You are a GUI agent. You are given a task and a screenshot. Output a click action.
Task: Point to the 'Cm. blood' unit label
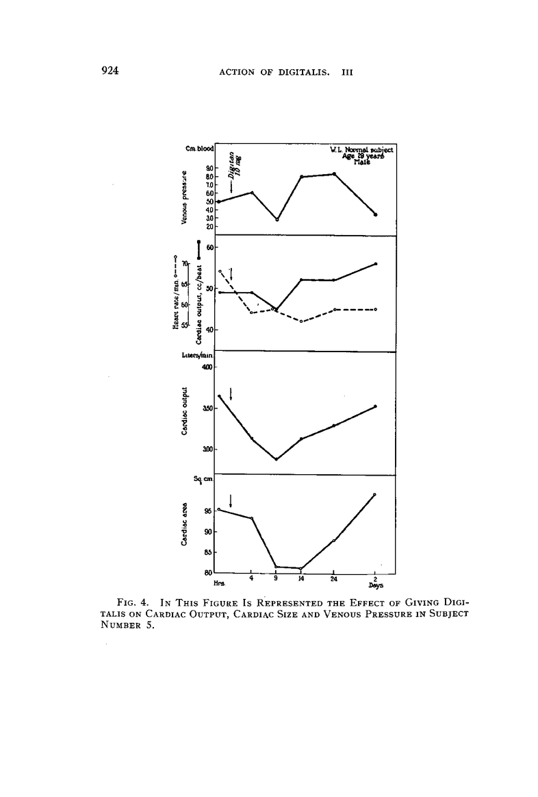(x=200, y=148)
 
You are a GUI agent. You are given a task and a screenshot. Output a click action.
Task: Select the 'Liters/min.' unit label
(x=200, y=355)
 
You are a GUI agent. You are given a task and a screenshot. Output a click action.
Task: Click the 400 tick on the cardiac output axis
(x=207, y=367)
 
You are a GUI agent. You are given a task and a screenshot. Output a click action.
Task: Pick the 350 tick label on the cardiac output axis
(x=207, y=408)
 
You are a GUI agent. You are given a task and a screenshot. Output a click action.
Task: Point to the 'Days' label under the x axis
(x=375, y=586)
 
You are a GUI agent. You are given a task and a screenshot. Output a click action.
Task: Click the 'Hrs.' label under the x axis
(x=220, y=583)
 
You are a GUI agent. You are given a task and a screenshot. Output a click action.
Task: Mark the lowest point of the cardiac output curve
(x=276, y=459)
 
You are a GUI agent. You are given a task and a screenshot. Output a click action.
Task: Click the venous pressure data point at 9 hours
(x=277, y=219)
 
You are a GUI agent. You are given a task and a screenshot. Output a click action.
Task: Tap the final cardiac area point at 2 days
(x=375, y=494)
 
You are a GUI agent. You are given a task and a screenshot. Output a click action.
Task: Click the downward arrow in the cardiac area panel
(x=231, y=501)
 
